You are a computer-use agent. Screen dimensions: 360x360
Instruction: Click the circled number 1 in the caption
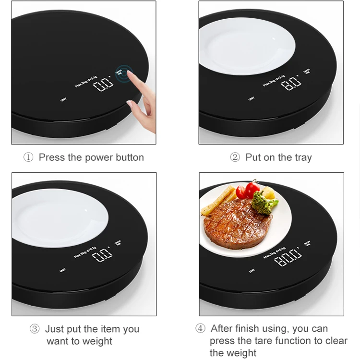[28, 157]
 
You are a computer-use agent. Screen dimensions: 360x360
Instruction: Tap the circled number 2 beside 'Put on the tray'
[235, 157]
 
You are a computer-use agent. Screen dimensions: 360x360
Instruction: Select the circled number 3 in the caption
[35, 329]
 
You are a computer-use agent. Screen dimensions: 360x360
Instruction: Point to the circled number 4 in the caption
[200, 329]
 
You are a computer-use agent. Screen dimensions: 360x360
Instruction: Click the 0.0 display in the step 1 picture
[104, 85]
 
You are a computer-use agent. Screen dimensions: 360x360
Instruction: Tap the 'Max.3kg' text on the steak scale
[270, 253]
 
